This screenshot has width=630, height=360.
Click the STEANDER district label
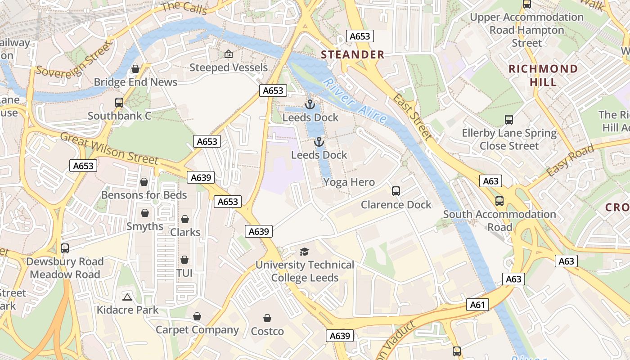pyautogui.click(x=353, y=55)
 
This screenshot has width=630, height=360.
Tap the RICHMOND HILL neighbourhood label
pyautogui.click(x=543, y=75)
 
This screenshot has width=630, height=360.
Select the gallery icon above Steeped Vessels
pyautogui.click(x=229, y=54)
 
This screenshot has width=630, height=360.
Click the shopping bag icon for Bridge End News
pyautogui.click(x=135, y=69)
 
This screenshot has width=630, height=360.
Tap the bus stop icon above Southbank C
pyautogui.click(x=119, y=103)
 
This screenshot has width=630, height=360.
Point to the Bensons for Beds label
pyautogui.click(x=144, y=195)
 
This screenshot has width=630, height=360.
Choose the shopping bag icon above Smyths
pyautogui.click(x=145, y=213)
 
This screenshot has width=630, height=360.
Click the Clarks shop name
pyautogui.click(x=185, y=232)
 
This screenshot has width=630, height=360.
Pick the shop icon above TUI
pyautogui.click(x=184, y=260)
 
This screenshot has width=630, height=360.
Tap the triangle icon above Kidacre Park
pyautogui.click(x=127, y=297)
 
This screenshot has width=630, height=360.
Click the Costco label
pyautogui.click(x=267, y=332)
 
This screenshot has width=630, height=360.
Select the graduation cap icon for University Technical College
pyautogui.click(x=305, y=252)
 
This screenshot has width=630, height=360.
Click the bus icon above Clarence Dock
pyautogui.click(x=396, y=191)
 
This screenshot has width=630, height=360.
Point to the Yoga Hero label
pyautogui.click(x=349, y=182)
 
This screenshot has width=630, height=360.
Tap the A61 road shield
pyautogui.click(x=477, y=305)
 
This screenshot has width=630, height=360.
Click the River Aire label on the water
pyautogui.click(x=355, y=101)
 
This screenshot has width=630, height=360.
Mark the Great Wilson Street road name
pyautogui.click(x=109, y=148)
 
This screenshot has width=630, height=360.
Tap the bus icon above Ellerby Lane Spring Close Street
pyautogui.click(x=509, y=120)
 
